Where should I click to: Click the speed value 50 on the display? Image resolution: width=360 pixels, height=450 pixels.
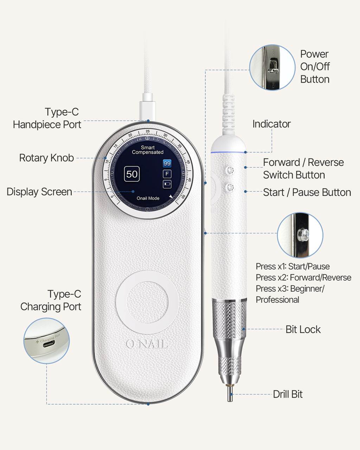(x=132, y=174)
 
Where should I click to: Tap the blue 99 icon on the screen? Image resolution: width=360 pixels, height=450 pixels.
(x=167, y=163)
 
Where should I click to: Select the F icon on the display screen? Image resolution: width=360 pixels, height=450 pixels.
(x=167, y=174)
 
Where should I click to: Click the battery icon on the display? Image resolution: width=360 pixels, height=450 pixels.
(x=167, y=184)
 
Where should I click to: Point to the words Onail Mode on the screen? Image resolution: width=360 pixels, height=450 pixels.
(x=148, y=198)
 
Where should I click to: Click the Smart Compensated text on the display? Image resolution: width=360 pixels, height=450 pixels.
(x=148, y=150)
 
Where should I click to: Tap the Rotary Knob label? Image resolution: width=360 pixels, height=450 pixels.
(x=46, y=158)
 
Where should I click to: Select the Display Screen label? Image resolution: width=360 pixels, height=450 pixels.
(x=39, y=192)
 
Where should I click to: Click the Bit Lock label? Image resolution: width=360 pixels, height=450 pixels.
(x=303, y=329)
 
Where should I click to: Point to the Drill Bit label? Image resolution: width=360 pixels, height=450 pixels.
(x=288, y=394)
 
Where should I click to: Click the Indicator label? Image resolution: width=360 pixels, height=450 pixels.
(x=271, y=124)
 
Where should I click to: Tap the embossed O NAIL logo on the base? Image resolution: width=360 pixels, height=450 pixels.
(x=147, y=344)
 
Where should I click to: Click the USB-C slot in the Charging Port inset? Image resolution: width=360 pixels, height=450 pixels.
(x=49, y=343)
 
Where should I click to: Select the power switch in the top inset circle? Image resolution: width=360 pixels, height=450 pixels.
(x=273, y=66)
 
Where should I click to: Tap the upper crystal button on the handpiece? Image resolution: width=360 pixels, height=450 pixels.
(x=230, y=170)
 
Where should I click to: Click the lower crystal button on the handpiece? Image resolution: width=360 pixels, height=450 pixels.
(x=230, y=187)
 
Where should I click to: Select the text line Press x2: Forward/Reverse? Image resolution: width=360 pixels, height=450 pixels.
(x=303, y=277)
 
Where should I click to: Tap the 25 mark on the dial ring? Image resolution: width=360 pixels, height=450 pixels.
(x=148, y=131)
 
